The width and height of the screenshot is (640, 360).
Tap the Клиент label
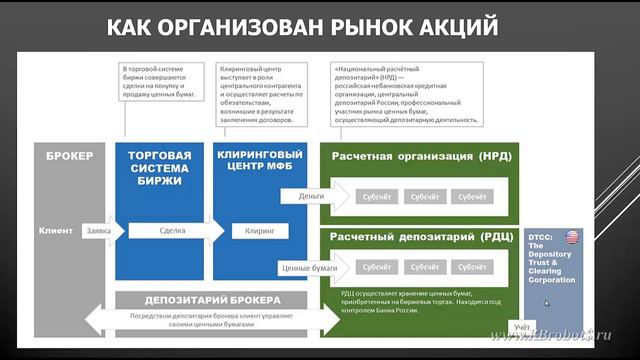(x=56, y=231)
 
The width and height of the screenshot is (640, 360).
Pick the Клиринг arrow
(x=259, y=231)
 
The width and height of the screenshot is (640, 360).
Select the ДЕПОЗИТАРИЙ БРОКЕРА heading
(x=211, y=299)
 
